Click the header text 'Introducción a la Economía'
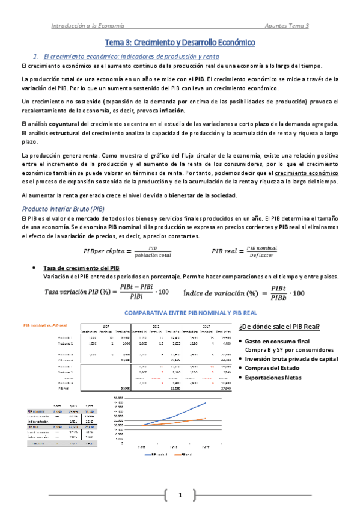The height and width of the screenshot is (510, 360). [88, 26]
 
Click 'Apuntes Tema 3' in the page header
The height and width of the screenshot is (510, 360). [287, 26]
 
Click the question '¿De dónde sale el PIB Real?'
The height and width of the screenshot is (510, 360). [279, 327]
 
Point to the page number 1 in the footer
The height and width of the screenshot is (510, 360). [179, 495]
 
